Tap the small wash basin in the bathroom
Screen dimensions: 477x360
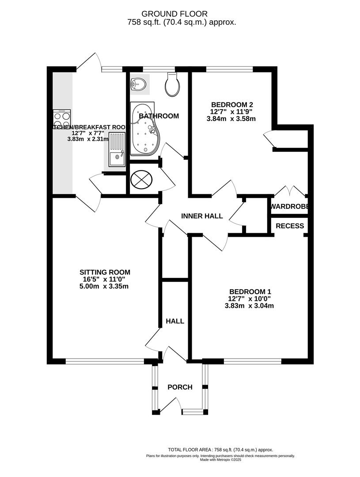[x=139, y=84]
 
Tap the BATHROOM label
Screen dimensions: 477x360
[x=159, y=116]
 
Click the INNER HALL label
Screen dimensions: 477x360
[x=202, y=216]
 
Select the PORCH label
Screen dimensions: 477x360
[x=180, y=387]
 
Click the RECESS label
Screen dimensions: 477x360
[x=290, y=226]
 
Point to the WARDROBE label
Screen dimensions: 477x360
[x=289, y=206]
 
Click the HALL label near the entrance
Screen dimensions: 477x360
[x=175, y=321]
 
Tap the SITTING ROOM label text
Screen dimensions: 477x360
[x=105, y=272]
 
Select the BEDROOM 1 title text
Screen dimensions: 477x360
[x=250, y=291]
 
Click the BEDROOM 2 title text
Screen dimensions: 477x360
[x=232, y=105]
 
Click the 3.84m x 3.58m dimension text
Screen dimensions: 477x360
[x=232, y=119]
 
